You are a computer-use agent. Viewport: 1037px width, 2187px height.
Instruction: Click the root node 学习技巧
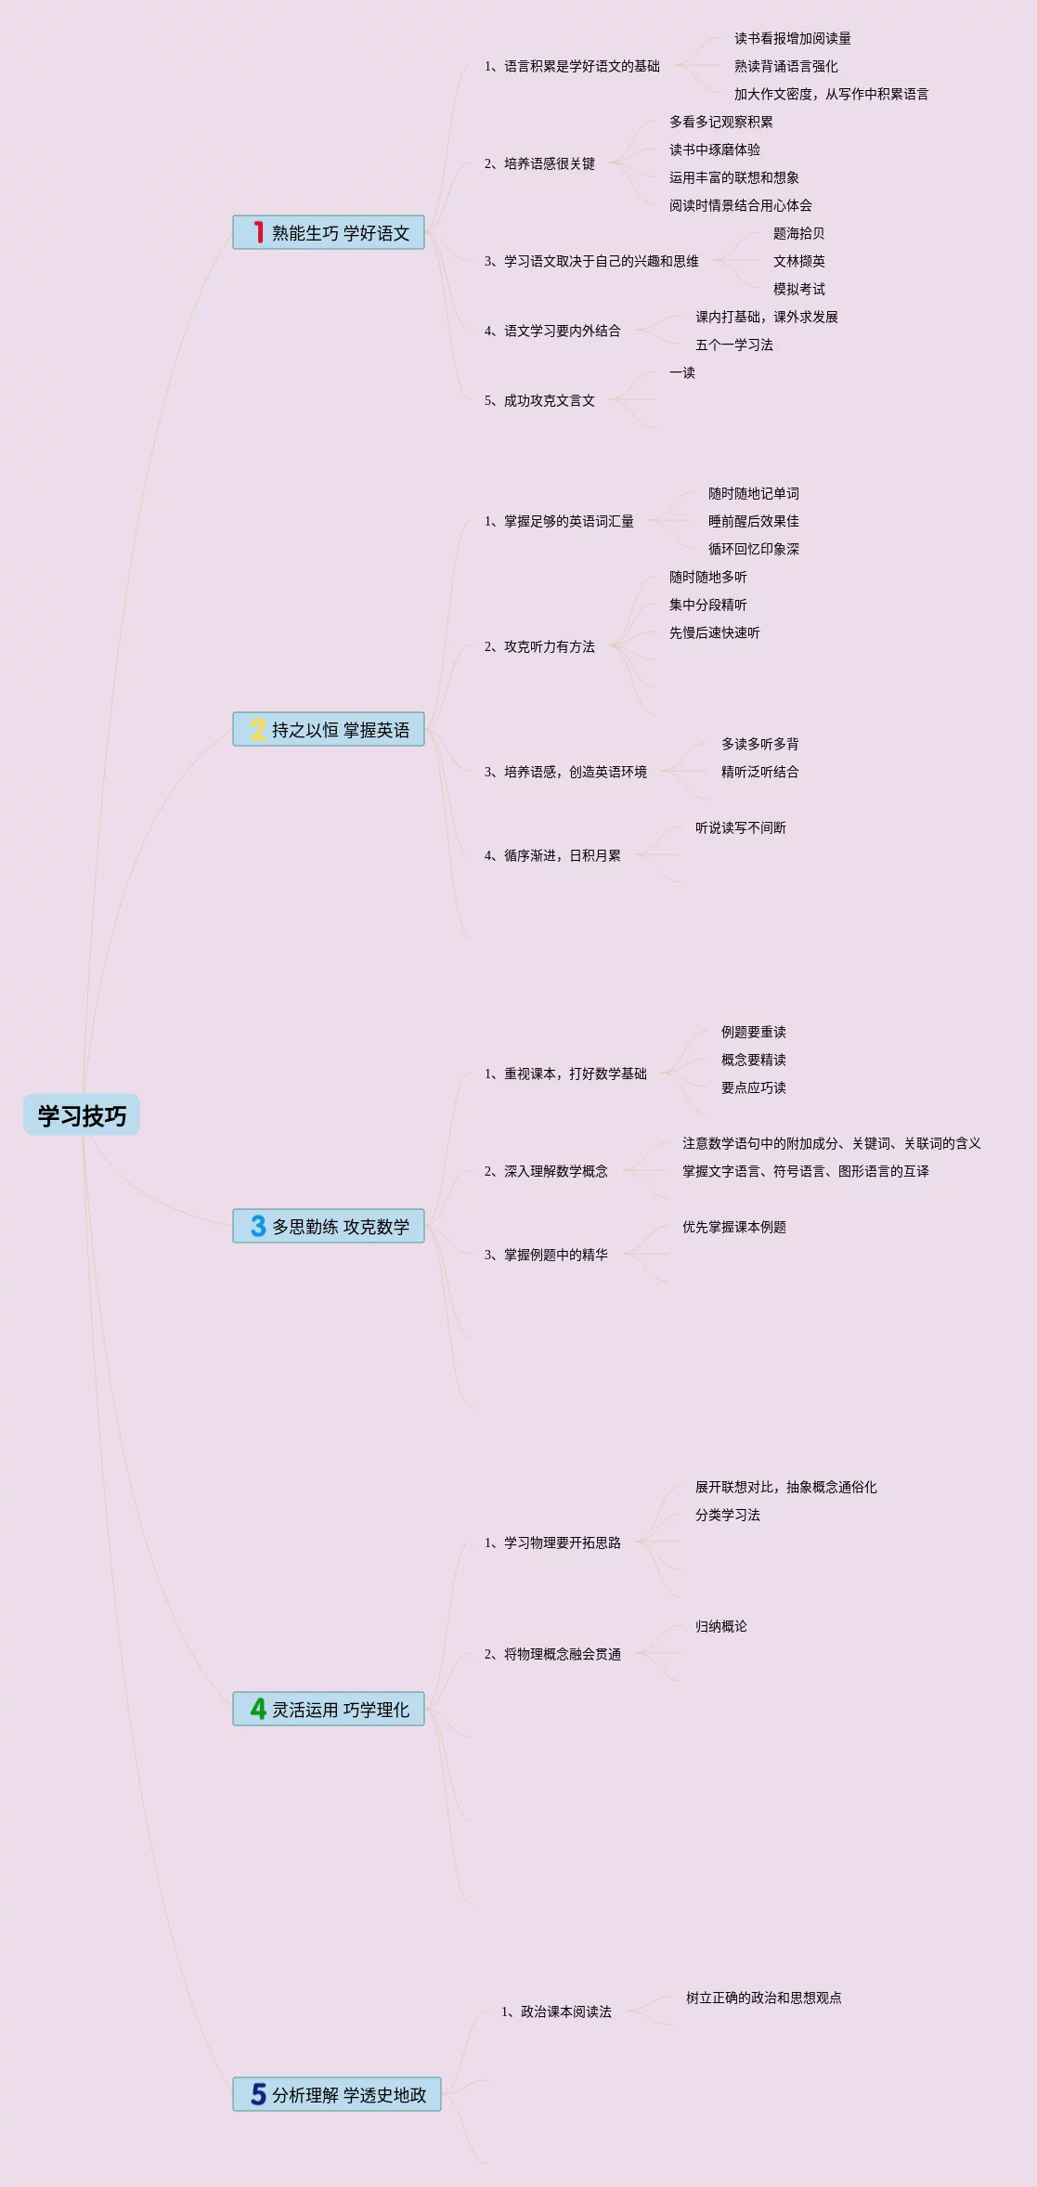pos(82,1115)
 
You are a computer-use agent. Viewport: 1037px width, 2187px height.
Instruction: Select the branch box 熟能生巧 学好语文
pos(329,232)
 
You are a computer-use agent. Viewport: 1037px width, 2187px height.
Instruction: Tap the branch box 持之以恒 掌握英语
pos(329,730)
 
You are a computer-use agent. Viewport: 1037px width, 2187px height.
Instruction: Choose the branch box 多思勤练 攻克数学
pos(329,1226)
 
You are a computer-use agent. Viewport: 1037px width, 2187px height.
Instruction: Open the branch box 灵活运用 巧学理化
pos(329,1709)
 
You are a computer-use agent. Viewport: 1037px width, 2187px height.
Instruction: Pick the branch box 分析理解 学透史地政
pos(337,2094)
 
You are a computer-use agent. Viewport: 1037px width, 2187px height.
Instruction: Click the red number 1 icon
pos(258,232)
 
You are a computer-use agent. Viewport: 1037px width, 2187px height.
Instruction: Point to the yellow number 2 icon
pos(258,730)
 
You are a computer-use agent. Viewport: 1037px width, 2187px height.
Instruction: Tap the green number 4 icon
pos(258,1709)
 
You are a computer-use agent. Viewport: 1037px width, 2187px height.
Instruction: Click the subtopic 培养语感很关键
pos(539,163)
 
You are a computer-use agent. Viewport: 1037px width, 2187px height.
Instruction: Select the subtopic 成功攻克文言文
pos(539,400)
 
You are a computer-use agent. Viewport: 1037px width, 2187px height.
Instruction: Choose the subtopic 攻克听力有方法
pos(539,646)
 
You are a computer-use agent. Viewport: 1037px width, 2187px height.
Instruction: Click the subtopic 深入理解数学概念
pos(546,1171)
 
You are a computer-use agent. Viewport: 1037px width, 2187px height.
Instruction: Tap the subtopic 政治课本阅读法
pos(556,2011)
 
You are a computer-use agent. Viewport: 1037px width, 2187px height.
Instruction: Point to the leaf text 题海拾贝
pos(798,233)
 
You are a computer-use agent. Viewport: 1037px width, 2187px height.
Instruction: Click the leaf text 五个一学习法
pos(734,345)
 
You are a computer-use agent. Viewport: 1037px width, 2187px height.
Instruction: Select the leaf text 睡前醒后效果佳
pos(753,521)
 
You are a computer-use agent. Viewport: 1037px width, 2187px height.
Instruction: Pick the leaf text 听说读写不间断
pos(740,827)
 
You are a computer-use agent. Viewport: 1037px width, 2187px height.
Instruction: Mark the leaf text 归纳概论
pos(720,1626)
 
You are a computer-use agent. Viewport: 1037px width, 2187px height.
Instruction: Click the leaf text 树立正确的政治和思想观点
pos(763,1998)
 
